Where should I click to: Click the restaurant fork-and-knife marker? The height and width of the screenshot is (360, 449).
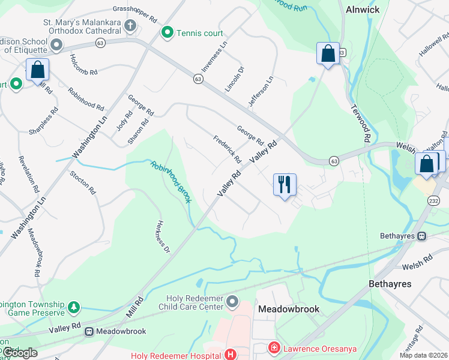coord(285,184)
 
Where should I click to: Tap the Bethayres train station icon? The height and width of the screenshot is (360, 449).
coord(422,236)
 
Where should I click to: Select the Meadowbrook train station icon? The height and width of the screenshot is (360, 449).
coord(89,331)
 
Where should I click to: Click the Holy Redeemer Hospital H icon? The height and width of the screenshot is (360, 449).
coord(229,355)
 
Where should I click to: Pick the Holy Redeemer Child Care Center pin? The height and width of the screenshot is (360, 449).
coord(232,301)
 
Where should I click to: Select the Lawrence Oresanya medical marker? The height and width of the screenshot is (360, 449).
coord(274,347)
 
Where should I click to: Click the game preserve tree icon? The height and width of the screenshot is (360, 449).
coord(73,307)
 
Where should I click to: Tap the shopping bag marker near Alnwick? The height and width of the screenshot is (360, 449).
coord(328,53)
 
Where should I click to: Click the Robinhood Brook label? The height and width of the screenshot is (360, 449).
coord(170,182)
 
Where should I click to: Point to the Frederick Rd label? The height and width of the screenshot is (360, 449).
coord(227,149)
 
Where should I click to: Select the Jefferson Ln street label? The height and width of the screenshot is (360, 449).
coord(261,91)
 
